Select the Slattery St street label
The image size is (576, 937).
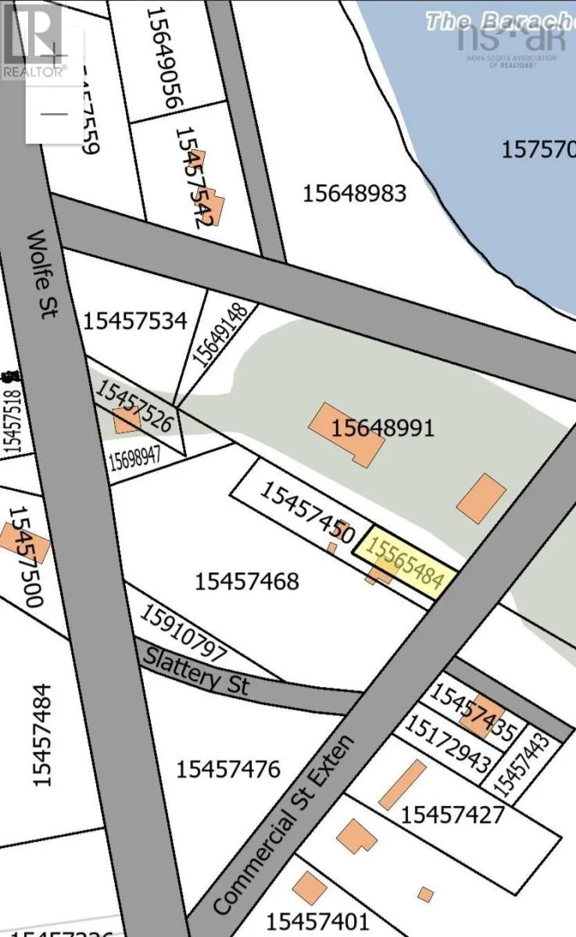pos(195,671)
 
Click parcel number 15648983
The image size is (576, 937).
pos(354,193)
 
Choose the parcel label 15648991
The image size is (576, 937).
pos(382,428)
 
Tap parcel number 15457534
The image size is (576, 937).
pos(134,320)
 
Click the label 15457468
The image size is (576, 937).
pos(247,581)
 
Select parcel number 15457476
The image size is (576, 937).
pos(227,769)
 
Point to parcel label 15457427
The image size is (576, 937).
pos(453,815)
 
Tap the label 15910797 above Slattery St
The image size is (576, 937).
pos(183,632)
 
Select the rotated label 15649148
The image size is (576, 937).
pos(220,334)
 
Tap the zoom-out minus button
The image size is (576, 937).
pos(54,114)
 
